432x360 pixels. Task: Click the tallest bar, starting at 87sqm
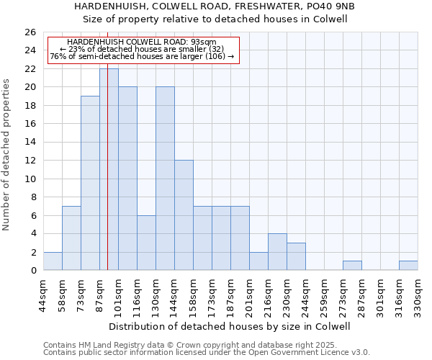[x=109, y=169]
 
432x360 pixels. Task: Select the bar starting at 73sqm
[x=90, y=183]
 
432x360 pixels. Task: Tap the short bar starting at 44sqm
[x=53, y=261]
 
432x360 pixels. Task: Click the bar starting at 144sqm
[x=184, y=215]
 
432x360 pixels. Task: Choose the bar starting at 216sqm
[x=277, y=252]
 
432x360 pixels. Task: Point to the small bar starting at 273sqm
[x=352, y=266]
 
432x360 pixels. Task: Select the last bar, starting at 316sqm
[x=408, y=266]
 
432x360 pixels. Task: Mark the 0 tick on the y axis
[x=33, y=271]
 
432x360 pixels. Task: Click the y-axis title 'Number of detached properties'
[x=6, y=151]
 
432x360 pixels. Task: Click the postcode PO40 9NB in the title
[x=328, y=6]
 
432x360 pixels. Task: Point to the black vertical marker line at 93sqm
[x=107, y=180]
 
